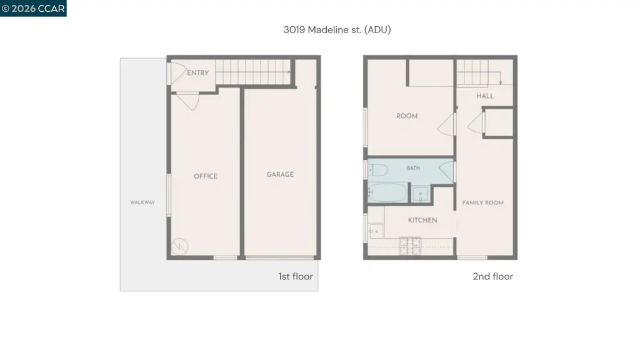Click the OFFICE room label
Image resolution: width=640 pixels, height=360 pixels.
206,176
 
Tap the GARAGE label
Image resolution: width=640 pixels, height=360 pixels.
280,175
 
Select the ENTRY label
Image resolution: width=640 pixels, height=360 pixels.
198,72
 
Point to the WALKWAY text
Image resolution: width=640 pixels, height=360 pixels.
142,202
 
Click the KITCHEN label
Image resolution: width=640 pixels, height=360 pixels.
422,221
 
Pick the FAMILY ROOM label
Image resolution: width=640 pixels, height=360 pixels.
483,203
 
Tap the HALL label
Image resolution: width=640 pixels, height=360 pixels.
485,96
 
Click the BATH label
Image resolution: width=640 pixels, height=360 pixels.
414,168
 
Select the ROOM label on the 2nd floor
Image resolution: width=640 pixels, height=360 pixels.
407,116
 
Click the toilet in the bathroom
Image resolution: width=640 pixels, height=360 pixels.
377,170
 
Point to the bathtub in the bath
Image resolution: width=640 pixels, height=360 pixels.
387,192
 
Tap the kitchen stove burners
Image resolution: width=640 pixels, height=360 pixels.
410,246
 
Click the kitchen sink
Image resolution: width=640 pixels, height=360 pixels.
376,231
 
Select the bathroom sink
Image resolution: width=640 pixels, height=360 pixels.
419,194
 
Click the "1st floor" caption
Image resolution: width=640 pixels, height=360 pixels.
296,277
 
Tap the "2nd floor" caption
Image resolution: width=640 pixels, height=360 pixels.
492,277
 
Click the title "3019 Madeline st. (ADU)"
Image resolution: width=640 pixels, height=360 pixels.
337,30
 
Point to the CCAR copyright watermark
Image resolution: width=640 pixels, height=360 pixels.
33,9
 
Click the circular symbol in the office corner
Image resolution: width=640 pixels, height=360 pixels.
179,246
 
